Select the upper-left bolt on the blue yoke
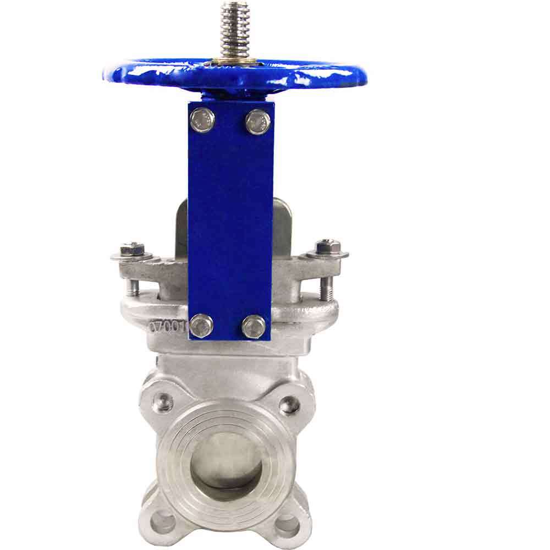pos(202,120)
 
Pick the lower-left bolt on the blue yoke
pos(201,326)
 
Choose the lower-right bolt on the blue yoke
pos(254,327)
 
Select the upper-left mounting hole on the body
pos(162,403)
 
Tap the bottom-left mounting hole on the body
pos(162,520)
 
